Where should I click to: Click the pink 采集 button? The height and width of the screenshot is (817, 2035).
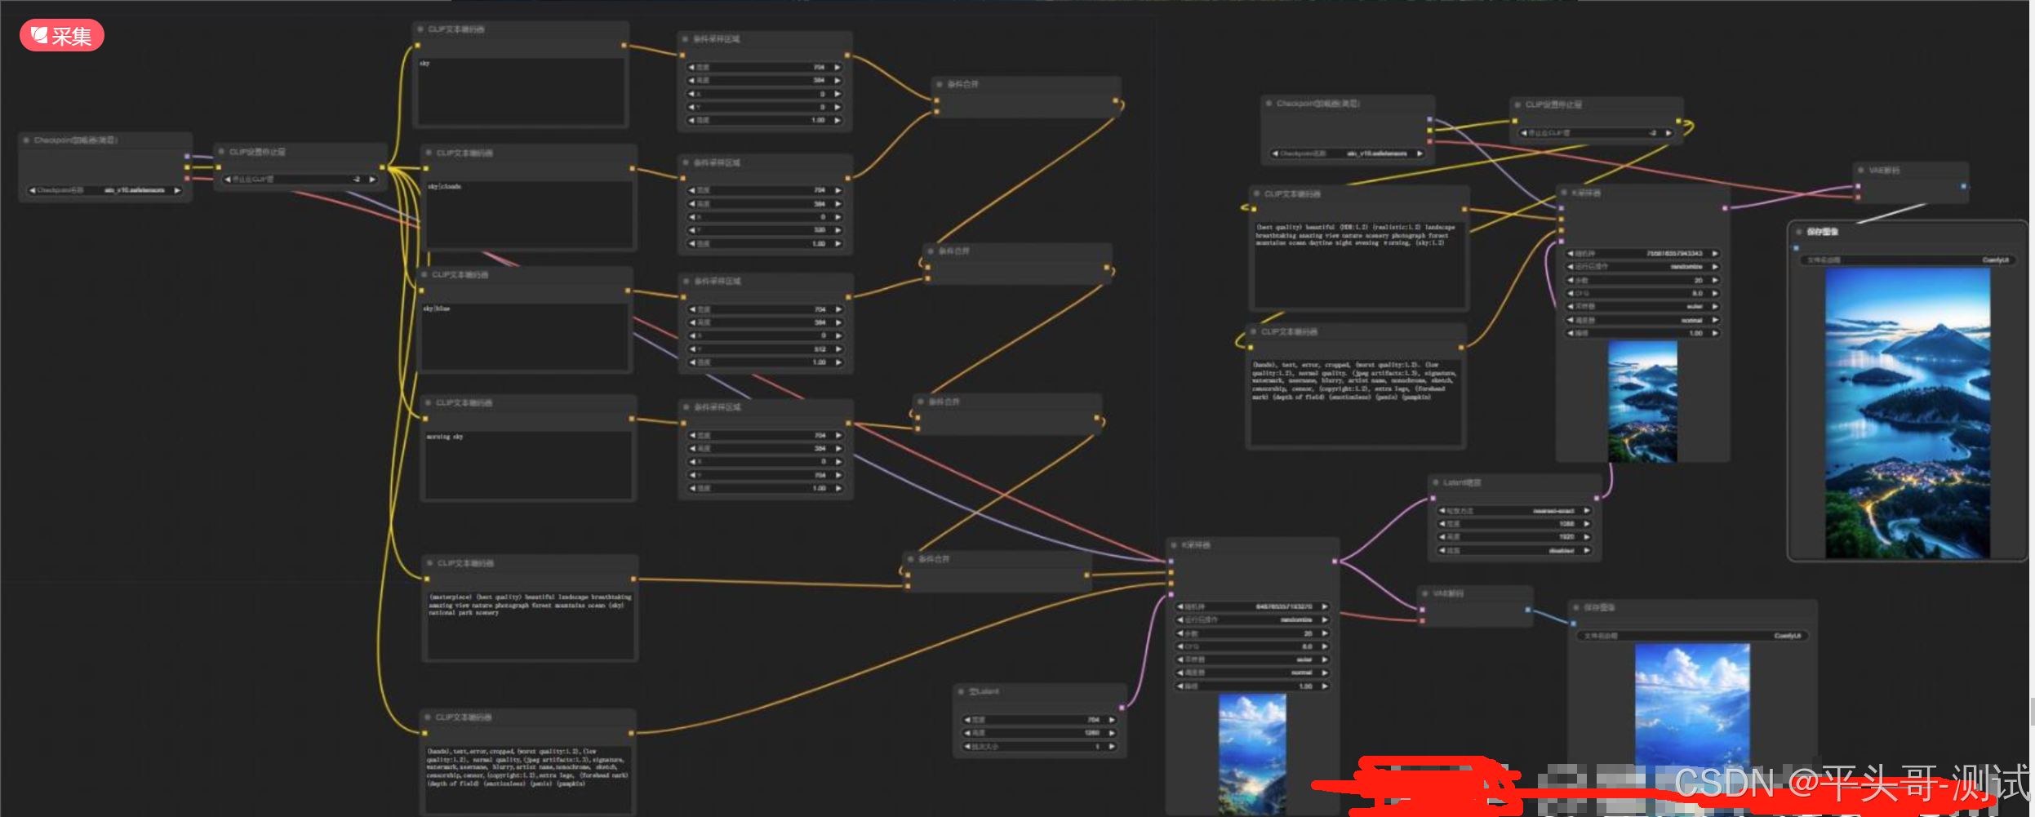(x=62, y=36)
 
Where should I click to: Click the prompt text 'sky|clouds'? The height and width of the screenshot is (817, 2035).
(x=444, y=187)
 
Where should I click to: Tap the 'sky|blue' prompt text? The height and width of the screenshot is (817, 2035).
(x=437, y=309)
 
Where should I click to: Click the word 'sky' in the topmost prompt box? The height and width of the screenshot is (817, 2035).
(x=424, y=63)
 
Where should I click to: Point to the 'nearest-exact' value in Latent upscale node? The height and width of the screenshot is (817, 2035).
(x=1553, y=511)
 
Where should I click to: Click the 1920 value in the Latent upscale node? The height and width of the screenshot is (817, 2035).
(x=1566, y=537)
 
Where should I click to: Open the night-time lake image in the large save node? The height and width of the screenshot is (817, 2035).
(x=1907, y=412)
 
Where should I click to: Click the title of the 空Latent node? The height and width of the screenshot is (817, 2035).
(x=984, y=692)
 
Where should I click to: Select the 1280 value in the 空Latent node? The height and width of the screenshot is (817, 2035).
(x=1091, y=733)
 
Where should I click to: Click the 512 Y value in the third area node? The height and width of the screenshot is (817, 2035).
(x=820, y=349)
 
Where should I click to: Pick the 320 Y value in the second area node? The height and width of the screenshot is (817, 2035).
(x=820, y=230)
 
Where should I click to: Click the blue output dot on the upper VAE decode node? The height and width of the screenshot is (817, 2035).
(x=1963, y=186)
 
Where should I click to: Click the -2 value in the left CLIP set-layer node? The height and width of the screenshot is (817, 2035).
(x=356, y=180)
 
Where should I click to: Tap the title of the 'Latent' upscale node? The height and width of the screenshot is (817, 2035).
(x=1461, y=483)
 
